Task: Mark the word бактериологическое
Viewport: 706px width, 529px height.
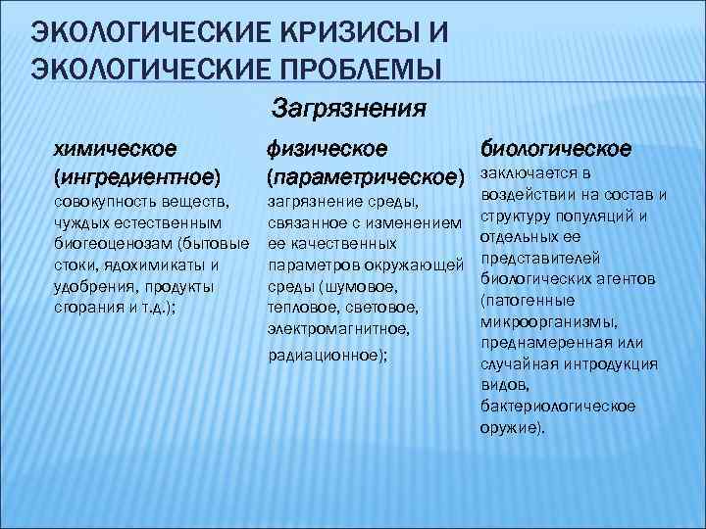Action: click(558, 405)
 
